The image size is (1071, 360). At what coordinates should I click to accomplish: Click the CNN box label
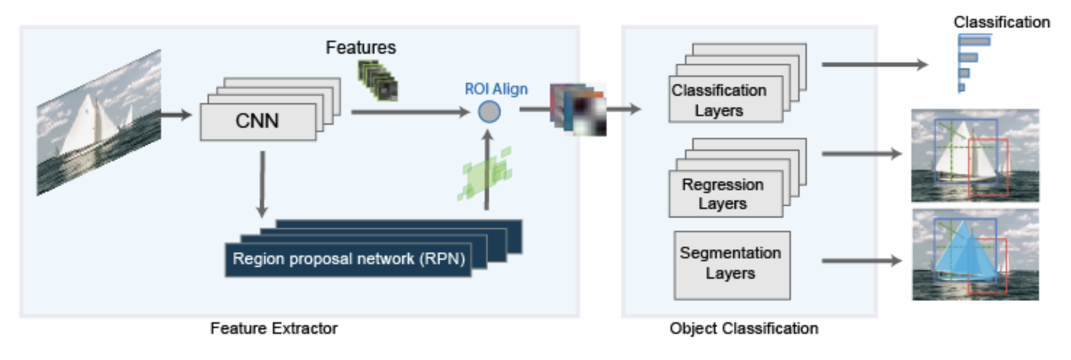pyautogui.click(x=258, y=121)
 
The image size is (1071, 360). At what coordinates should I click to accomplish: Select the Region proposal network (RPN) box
pyautogui.click(x=348, y=259)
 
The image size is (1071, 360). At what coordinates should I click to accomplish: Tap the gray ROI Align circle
pyautogui.click(x=490, y=112)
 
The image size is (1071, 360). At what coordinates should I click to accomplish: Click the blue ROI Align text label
pyautogui.click(x=496, y=89)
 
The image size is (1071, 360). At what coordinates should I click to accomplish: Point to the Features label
pyautogui.click(x=361, y=48)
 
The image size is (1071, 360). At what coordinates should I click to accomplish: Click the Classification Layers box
pyautogui.click(x=718, y=100)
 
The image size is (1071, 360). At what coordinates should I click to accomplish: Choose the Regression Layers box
pyautogui.click(x=723, y=194)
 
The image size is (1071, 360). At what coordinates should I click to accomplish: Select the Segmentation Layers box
pyautogui.click(x=731, y=263)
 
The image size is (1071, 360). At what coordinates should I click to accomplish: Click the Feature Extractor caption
pyautogui.click(x=274, y=328)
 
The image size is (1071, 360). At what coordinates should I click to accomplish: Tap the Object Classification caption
pyautogui.click(x=744, y=328)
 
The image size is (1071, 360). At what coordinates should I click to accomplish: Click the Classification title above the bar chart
pyautogui.click(x=1001, y=22)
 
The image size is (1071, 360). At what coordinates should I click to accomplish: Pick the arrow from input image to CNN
pyautogui.click(x=176, y=114)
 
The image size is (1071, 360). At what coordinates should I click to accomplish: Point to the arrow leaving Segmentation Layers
pyautogui.click(x=861, y=261)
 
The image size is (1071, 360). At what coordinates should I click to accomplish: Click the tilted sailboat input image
pyautogui.click(x=99, y=121)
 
